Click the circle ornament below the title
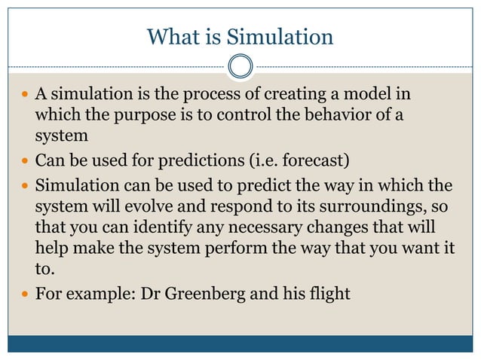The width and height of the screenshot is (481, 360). [x=240, y=67]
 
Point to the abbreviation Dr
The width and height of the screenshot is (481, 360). [x=151, y=293]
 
